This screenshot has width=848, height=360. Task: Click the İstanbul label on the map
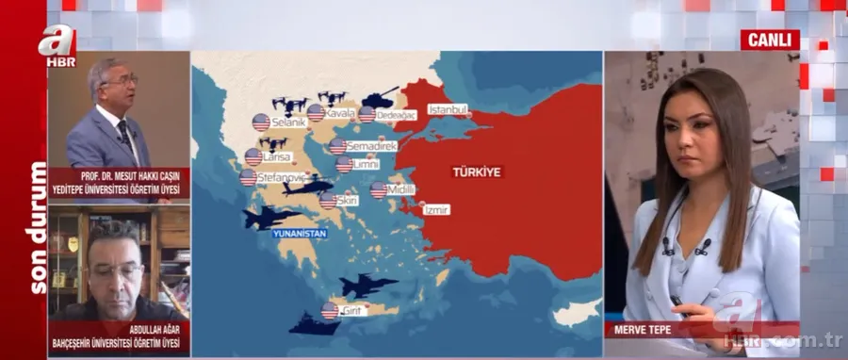pos(448,109)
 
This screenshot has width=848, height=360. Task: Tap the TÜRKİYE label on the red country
pos(476,172)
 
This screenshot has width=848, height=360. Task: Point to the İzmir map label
pos(435,209)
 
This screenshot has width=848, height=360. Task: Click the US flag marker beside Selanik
pos(261,123)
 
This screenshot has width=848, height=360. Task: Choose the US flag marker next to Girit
pos(329,310)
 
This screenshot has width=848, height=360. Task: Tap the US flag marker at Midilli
pos(379,190)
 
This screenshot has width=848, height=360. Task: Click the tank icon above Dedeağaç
pos(382,96)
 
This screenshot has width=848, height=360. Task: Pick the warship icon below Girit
pos(314,325)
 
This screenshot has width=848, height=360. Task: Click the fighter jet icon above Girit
pos(367,285)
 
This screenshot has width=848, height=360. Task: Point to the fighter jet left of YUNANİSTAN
pos(271,218)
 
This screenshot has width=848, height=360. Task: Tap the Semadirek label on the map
pos(371,146)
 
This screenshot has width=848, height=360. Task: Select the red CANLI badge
pos(769,40)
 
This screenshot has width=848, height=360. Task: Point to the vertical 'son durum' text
pos(39,226)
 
